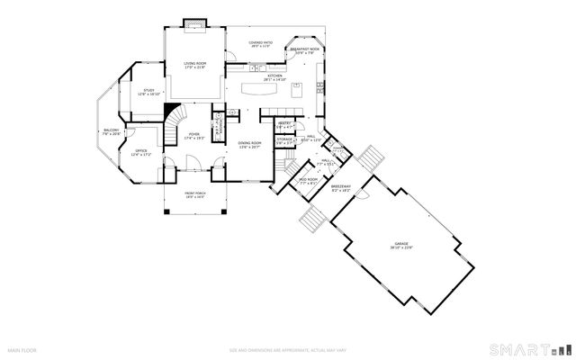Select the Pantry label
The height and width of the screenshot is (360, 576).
pos(284,124)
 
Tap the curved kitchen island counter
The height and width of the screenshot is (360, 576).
pos(271,89)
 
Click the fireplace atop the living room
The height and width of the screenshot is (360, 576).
pos(195,23)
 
